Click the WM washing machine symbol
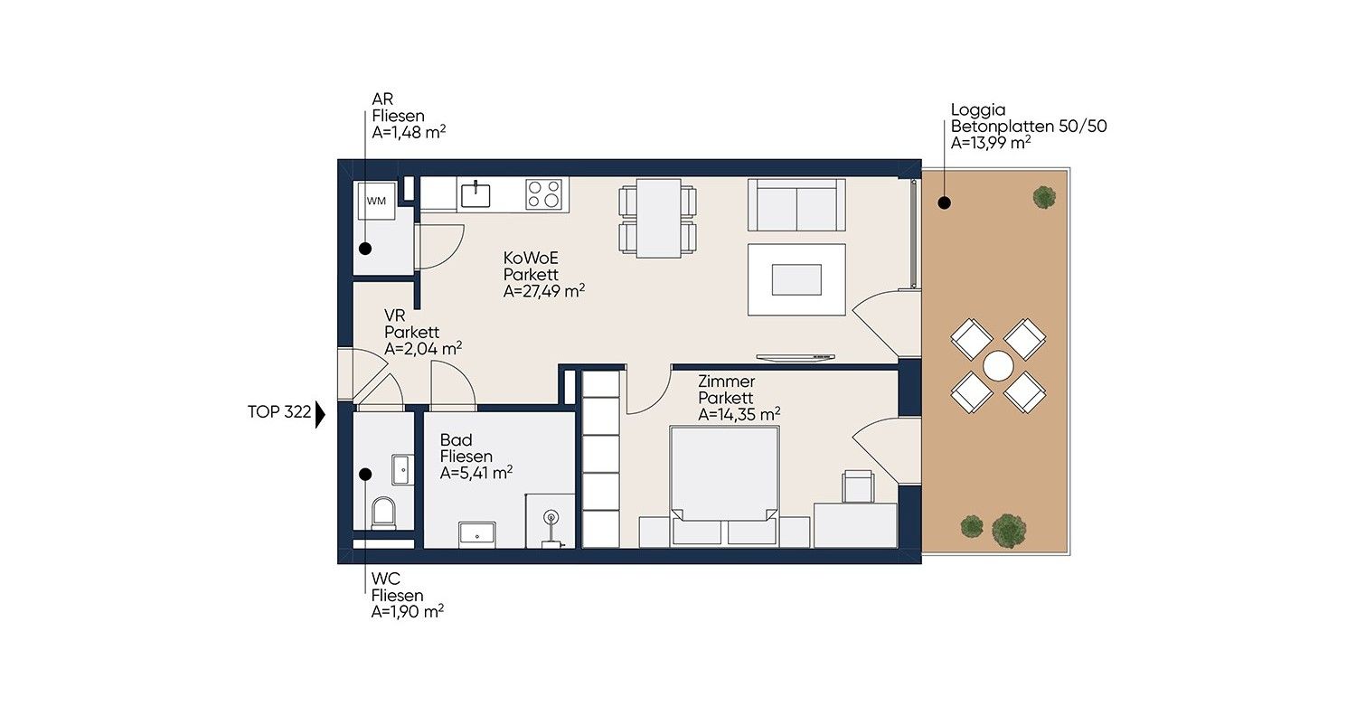(x=377, y=201)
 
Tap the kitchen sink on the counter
(x=476, y=194)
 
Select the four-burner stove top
(x=543, y=193)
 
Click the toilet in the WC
(x=383, y=513)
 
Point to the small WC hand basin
(x=402, y=470)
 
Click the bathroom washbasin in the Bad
(x=477, y=534)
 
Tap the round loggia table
(x=998, y=366)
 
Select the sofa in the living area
(x=796, y=204)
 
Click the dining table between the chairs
(x=659, y=218)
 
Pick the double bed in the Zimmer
(x=724, y=485)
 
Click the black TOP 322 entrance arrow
(x=320, y=415)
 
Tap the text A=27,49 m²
(x=544, y=291)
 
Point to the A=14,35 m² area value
(x=739, y=415)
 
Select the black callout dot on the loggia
(x=945, y=203)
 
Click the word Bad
(x=456, y=440)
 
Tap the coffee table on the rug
(x=796, y=279)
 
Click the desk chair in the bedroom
(x=858, y=486)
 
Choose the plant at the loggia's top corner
(x=1044, y=197)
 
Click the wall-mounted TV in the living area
(x=796, y=358)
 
